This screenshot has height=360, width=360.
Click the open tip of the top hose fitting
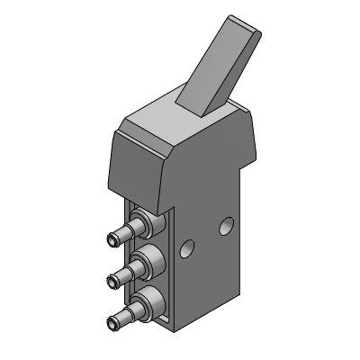click(112, 239)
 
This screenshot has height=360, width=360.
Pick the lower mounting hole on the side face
click(187, 247)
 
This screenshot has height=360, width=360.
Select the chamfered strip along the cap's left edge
click(114, 166)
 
